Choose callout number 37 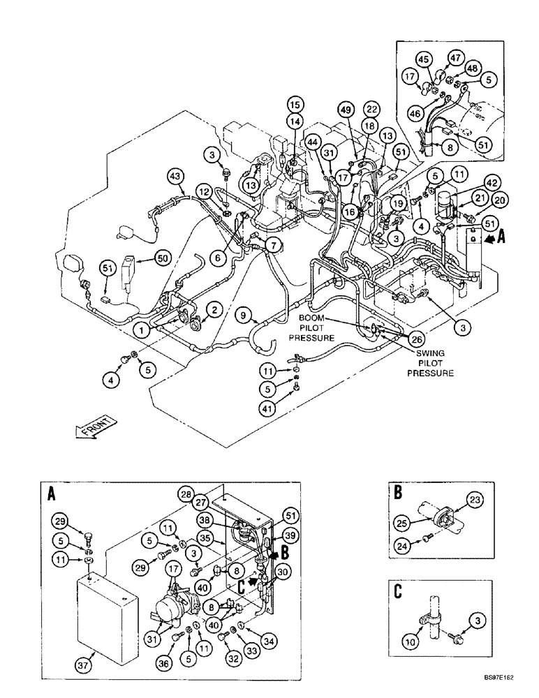click(84, 665)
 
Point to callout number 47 click(456, 59)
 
